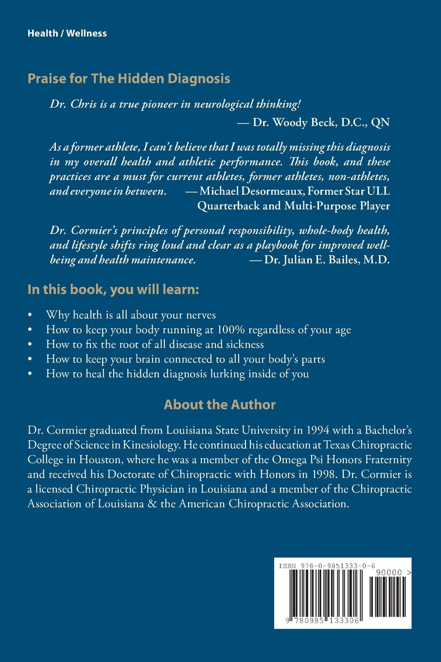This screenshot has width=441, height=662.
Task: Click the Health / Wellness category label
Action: pyautogui.click(x=67, y=34)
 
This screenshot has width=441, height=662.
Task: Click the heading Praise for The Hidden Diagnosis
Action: pyautogui.click(x=129, y=78)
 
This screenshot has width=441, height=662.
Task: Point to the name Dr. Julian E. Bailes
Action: pyautogui.click(x=309, y=259)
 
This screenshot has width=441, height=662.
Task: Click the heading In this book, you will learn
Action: pyautogui.click(x=113, y=290)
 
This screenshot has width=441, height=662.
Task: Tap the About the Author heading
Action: pyautogui.click(x=220, y=405)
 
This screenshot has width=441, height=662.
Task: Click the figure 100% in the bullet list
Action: pyautogui.click(x=231, y=330)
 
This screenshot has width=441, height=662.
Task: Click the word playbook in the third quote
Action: pyautogui.click(x=278, y=245)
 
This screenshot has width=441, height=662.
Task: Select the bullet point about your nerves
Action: pyautogui.click(x=131, y=315)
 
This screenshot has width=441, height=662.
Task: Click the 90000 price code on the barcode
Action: pyautogui.click(x=391, y=573)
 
